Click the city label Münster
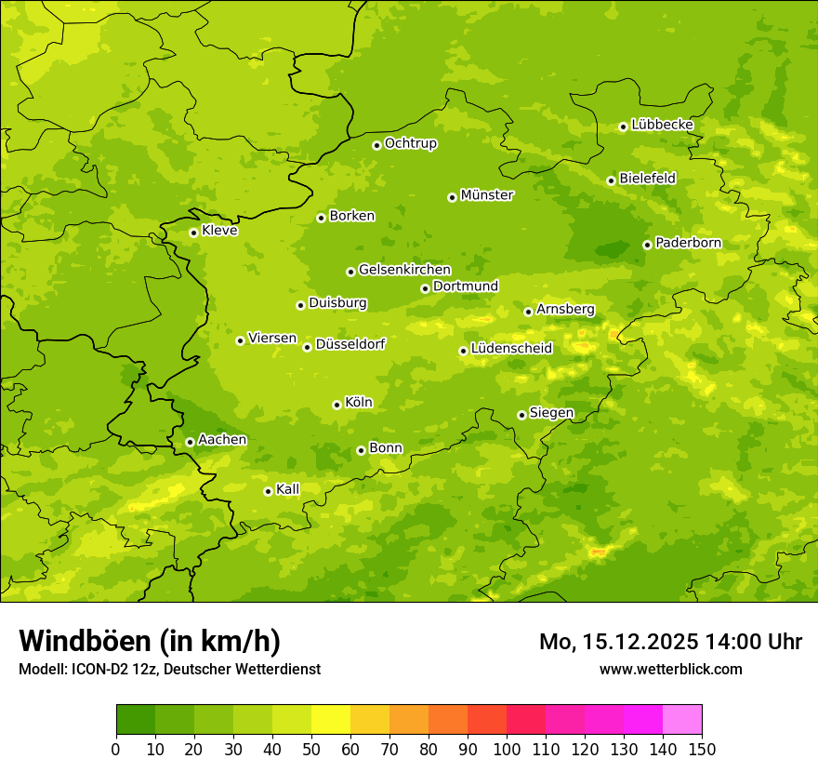tap(487, 195)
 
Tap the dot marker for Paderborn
tap(647, 245)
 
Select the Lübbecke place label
tap(662, 125)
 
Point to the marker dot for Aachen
tap(190, 442)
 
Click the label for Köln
tap(359, 403)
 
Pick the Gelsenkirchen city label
tap(404, 270)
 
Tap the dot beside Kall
tap(268, 491)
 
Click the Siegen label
tap(551, 413)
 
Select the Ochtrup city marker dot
tap(376, 145)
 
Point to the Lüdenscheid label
tap(511, 349)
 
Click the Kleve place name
tap(219, 231)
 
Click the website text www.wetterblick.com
tap(670, 669)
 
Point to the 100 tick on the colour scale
tap(507, 749)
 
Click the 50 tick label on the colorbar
tap(311, 749)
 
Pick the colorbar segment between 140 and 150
tap(682, 719)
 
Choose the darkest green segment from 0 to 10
tap(136, 719)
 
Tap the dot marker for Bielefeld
tap(611, 180)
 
